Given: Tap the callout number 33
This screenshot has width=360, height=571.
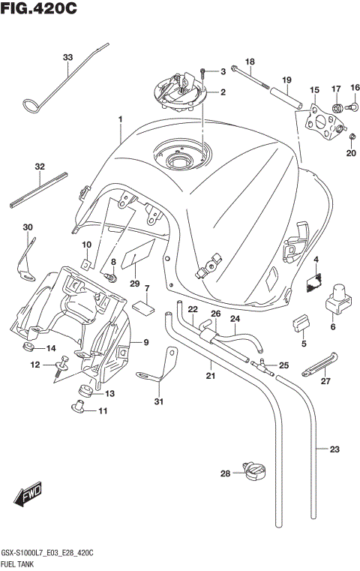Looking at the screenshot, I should click(68, 58).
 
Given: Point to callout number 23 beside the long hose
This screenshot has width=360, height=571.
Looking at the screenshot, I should click(334, 450).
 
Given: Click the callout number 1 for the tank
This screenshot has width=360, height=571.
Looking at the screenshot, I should click(119, 119).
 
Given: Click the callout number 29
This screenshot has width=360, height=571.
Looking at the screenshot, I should click(135, 283).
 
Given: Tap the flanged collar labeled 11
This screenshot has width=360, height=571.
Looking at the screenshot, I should click(76, 407).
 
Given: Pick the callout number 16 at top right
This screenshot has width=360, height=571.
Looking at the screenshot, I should click(354, 88).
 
